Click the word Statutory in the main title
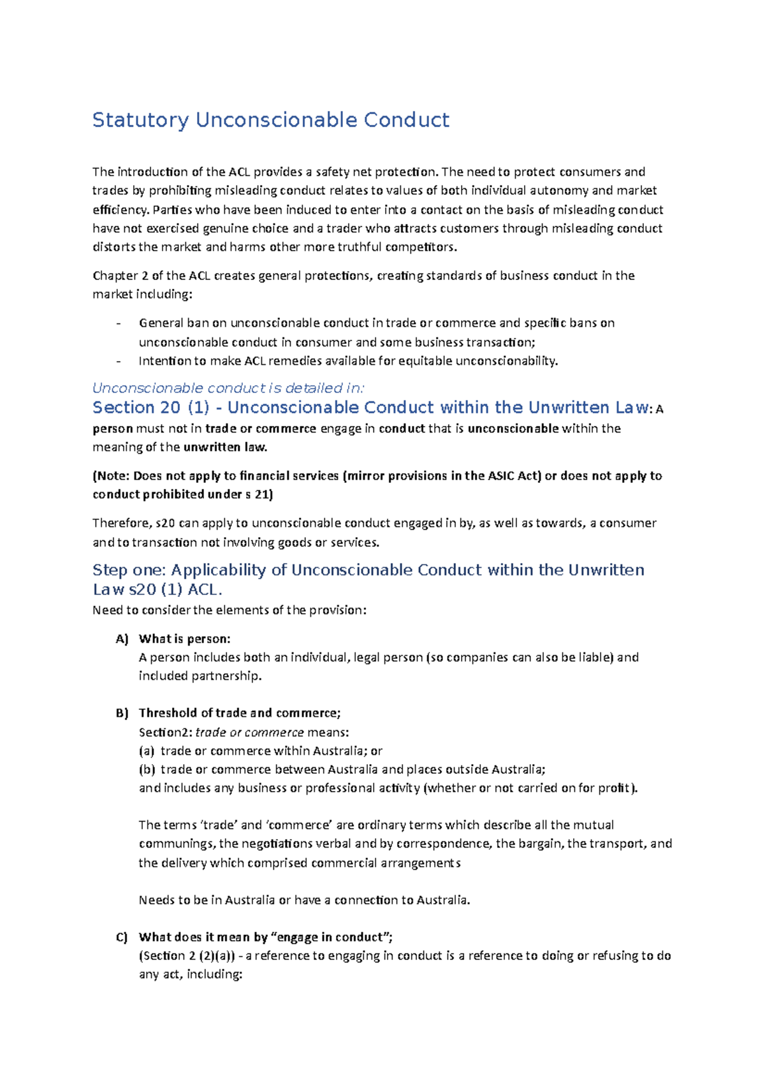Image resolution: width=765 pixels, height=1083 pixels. [x=140, y=121]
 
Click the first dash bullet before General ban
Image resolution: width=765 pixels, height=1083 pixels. [x=119, y=323]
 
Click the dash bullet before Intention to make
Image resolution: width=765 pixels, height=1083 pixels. [x=119, y=361]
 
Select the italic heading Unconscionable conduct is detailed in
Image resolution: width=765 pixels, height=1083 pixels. [x=228, y=388]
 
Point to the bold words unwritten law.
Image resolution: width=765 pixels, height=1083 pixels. [x=225, y=447]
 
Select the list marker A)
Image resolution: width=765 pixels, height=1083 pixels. [x=122, y=639]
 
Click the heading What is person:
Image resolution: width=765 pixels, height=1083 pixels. [x=184, y=639]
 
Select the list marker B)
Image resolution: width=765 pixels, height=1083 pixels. [x=122, y=713]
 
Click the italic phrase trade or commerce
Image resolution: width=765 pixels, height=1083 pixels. [x=249, y=732]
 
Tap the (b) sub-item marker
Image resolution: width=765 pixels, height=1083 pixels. [x=147, y=769]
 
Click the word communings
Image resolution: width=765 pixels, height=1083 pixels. [x=176, y=844]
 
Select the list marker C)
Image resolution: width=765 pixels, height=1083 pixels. [x=122, y=938]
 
